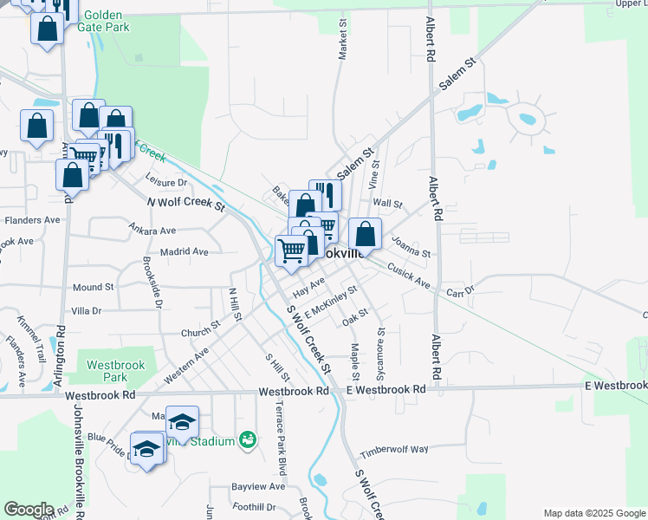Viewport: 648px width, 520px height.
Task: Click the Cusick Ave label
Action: [x=409, y=276]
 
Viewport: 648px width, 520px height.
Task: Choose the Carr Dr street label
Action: [x=460, y=291]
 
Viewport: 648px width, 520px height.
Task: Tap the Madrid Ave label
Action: [x=189, y=251]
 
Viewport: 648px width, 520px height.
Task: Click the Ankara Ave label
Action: [x=152, y=231]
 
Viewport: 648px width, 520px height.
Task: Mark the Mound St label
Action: [x=93, y=287]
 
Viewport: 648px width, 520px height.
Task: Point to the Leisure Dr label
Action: [x=166, y=183]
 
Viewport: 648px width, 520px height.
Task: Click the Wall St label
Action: [x=387, y=204]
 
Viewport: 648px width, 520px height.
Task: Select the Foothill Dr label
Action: [x=254, y=507]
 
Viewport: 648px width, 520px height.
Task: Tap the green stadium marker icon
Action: [x=248, y=440]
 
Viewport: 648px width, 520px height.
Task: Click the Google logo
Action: [x=29, y=510]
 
